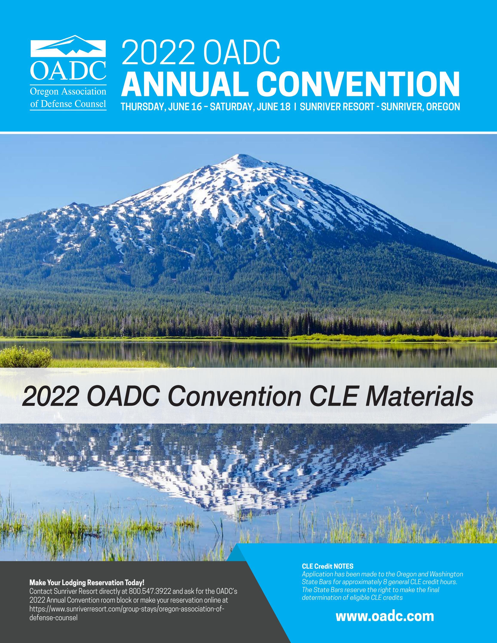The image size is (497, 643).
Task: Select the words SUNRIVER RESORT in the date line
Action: click(x=337, y=107)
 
